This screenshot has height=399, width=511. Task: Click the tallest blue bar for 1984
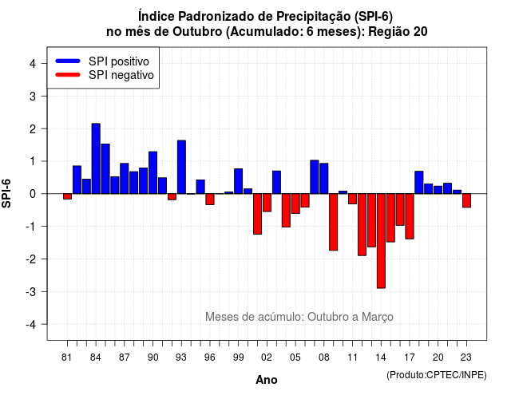[96, 159]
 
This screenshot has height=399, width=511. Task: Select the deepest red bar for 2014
[381, 241]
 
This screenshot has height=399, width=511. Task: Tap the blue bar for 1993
[181, 167]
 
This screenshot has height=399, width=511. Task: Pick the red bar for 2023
[466, 200]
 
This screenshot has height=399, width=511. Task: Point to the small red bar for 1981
[67, 196]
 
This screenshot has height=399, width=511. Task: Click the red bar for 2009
[334, 222]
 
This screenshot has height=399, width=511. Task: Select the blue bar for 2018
[419, 183]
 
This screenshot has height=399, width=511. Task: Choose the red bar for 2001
[257, 214]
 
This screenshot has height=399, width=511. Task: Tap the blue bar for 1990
[153, 172]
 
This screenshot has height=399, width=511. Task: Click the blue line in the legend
[68, 61]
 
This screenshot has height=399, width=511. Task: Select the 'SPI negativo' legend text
[121, 75]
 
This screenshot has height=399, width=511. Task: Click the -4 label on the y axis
[31, 325]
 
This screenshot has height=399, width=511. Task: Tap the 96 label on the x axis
[210, 358]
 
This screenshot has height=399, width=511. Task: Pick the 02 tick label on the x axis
[267, 358]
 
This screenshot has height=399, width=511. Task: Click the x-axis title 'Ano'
[267, 380]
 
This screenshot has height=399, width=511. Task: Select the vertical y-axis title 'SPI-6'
[6, 193]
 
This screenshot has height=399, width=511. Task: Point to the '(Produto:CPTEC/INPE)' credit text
[437, 375]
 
